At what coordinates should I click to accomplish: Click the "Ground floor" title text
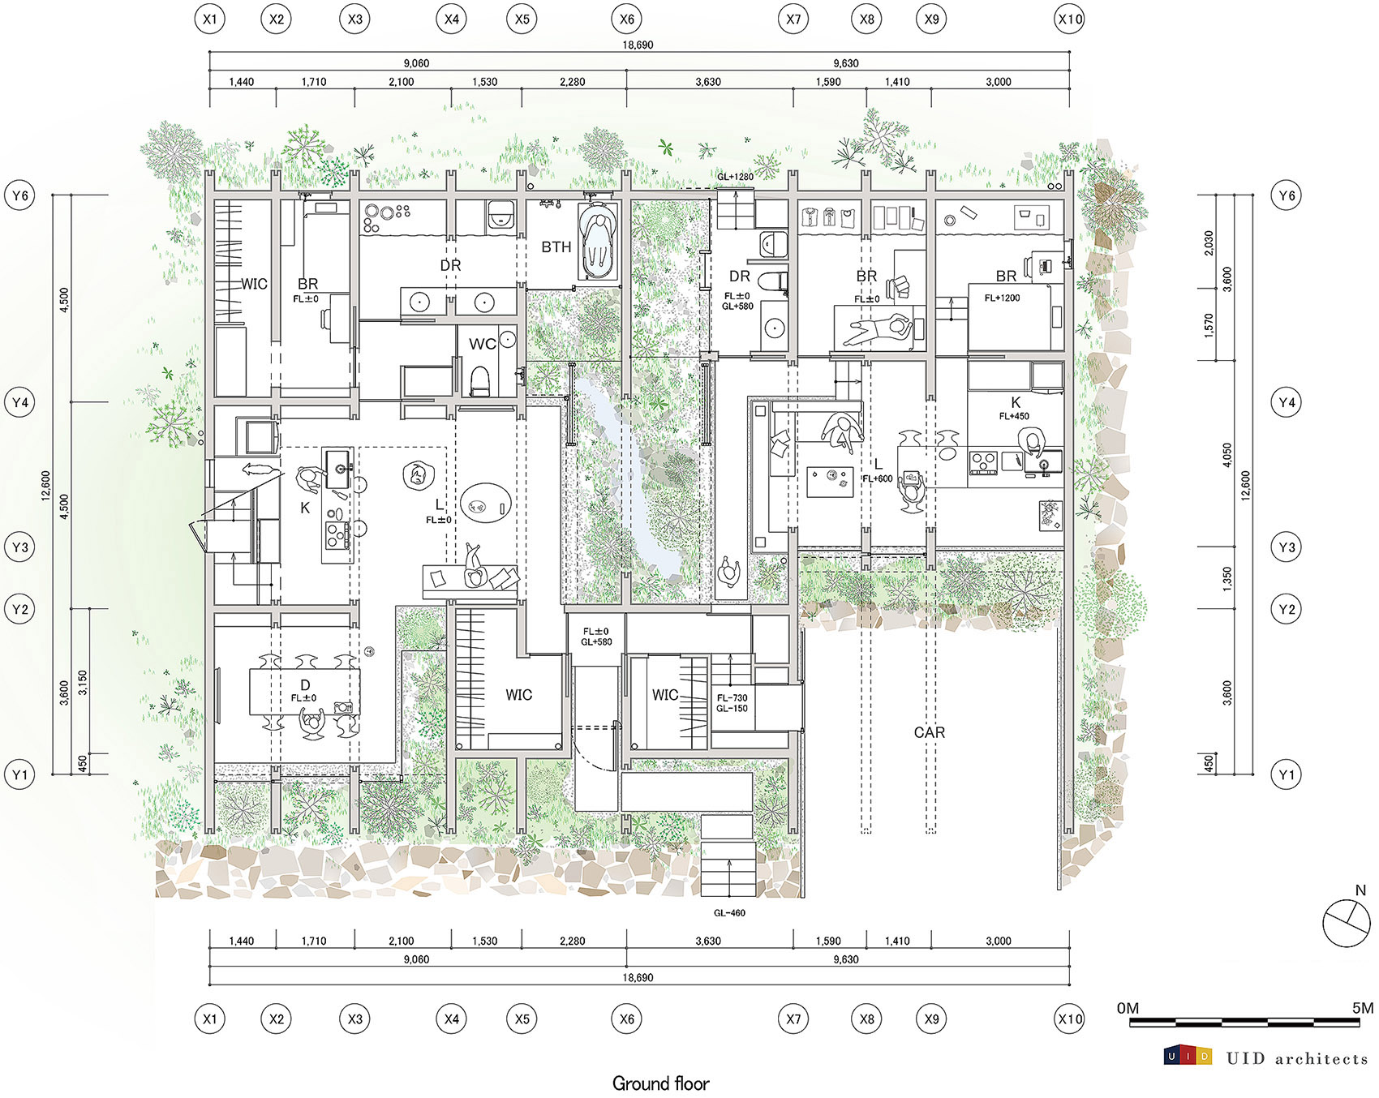coord(660,1083)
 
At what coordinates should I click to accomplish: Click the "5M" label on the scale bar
coord(1363,1008)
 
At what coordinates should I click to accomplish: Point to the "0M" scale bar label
coord(1128,1008)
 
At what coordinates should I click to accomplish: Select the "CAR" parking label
coord(930,732)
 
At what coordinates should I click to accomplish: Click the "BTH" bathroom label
coord(556,247)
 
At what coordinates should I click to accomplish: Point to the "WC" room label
coord(483,344)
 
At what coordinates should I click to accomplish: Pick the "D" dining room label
coord(305,685)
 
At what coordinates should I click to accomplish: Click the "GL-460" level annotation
coord(729,913)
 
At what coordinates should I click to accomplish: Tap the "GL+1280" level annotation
coord(735,177)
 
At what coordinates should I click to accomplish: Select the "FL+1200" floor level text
coord(1003,298)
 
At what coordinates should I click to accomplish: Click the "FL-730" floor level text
coord(732,698)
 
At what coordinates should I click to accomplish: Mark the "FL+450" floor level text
coord(1014,416)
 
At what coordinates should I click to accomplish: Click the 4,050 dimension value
coord(1227,454)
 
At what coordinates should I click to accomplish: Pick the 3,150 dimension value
coord(82,683)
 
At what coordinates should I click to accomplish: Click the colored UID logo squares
coord(1188,1056)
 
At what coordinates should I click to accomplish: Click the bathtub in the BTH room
coord(597,242)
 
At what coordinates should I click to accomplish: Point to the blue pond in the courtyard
coord(632,478)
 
